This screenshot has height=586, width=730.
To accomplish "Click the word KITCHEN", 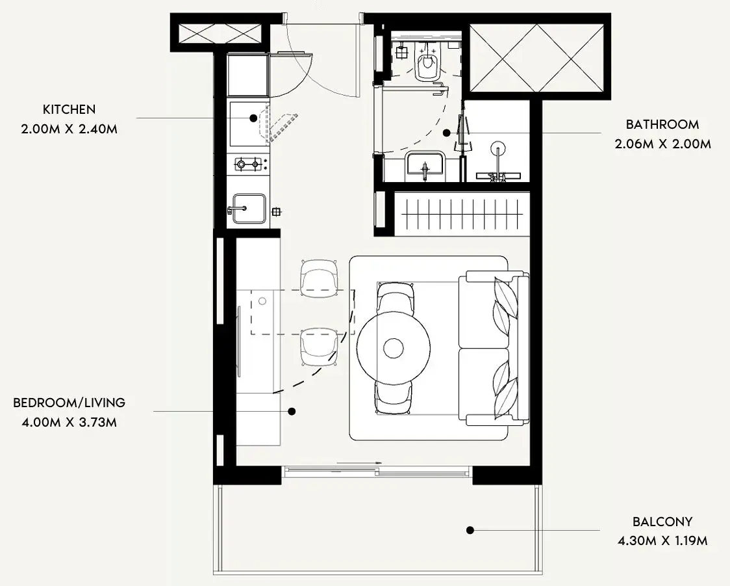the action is click(x=69, y=109).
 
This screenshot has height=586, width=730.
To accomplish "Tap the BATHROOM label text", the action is click(x=662, y=124).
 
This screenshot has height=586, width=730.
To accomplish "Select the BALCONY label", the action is click(x=662, y=521).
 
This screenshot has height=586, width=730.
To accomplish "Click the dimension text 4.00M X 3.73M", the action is click(x=69, y=422).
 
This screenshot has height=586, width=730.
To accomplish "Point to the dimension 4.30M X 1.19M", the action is click(x=662, y=540).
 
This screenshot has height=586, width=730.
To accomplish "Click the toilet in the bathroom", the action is click(x=427, y=63).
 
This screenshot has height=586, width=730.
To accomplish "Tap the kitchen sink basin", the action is click(x=249, y=208).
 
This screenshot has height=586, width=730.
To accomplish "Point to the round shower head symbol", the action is click(x=497, y=148).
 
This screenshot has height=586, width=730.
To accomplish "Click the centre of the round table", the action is click(x=394, y=348).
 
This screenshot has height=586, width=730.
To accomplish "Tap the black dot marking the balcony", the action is click(x=470, y=530).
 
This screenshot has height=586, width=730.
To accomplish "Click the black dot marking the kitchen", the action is click(x=253, y=118).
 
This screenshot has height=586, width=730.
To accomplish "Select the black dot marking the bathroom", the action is click(x=446, y=133).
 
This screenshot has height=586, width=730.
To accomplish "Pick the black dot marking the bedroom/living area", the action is click(x=292, y=412).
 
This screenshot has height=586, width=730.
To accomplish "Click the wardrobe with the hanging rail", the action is click(x=462, y=214).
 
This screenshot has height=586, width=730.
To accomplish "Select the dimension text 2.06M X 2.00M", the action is click(x=662, y=144).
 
